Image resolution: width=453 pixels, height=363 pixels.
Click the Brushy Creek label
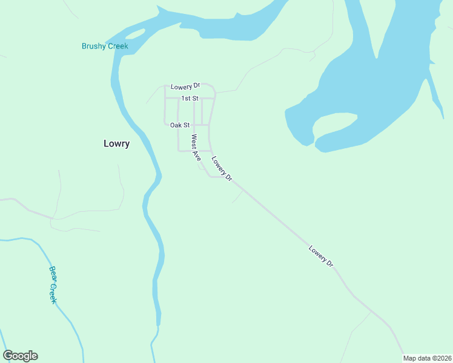click(105, 46)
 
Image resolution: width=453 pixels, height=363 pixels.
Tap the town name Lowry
click(116, 144)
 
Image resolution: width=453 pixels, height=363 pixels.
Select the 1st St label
click(190, 98)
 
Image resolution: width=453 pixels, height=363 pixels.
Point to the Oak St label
click(180, 125)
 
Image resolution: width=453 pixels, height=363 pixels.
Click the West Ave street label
click(196, 148)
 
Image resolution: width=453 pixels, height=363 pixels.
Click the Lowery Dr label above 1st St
click(185, 87)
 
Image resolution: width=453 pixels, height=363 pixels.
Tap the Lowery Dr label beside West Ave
click(222, 168)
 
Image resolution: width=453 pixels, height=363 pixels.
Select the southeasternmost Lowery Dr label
click(321, 256)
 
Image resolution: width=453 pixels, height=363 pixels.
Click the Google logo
click(20, 356)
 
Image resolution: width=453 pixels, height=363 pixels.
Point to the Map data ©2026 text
click(427, 358)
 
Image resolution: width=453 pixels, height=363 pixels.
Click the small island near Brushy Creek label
click(136, 33)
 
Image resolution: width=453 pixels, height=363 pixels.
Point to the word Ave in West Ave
click(197, 155)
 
